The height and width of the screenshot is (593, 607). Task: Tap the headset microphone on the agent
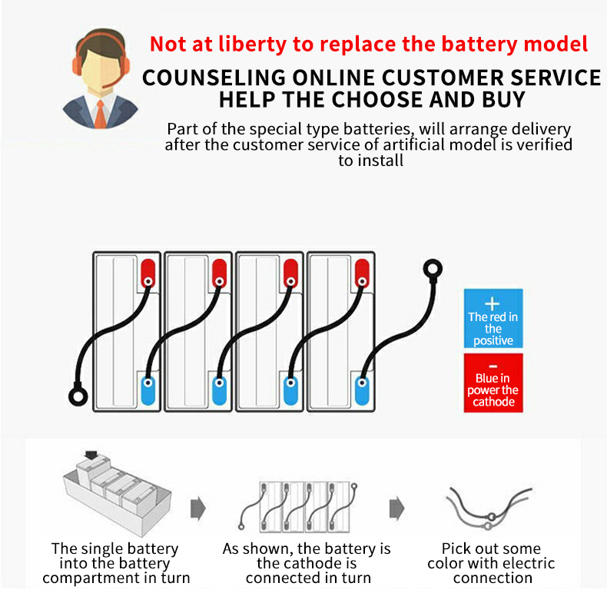pyautogui.click(x=109, y=84)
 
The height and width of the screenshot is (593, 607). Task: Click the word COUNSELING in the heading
pyautogui.click(x=214, y=78)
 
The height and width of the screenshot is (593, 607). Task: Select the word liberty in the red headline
pyautogui.click(x=252, y=45)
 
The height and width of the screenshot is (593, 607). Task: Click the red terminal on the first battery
pyautogui.click(x=148, y=273)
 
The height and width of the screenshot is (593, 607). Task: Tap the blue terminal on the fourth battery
pyautogui.click(x=362, y=390)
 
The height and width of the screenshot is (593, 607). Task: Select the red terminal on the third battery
pyautogui.click(x=290, y=273)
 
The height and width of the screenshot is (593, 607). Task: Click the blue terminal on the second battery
pyautogui.click(x=219, y=390)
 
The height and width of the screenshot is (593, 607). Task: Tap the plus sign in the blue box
pyautogui.click(x=492, y=304)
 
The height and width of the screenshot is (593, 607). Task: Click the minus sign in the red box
pyautogui.click(x=493, y=366)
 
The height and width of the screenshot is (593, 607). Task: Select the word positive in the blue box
pyautogui.click(x=493, y=340)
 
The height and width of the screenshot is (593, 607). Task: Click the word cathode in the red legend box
pyautogui.click(x=493, y=402)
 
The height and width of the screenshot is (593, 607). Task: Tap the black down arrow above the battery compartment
pyautogui.click(x=91, y=455)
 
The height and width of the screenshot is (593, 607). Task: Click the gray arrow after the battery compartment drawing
pyautogui.click(x=198, y=509)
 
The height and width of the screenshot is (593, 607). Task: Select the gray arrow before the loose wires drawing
pyautogui.click(x=396, y=509)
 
